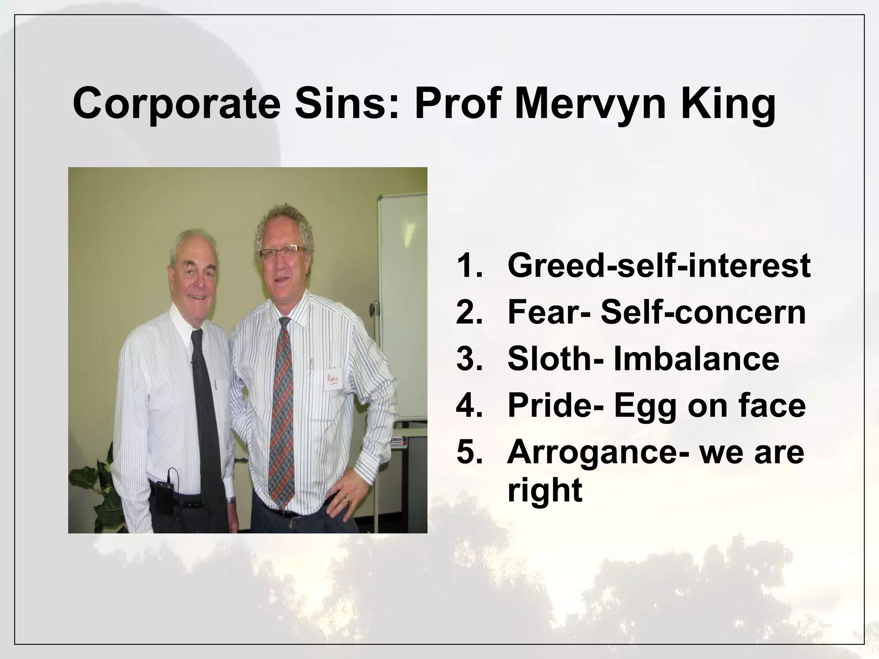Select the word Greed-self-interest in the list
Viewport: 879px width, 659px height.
tap(659, 266)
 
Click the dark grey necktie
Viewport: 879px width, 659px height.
tap(206, 408)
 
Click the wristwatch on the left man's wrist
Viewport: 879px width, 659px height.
tap(231, 500)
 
